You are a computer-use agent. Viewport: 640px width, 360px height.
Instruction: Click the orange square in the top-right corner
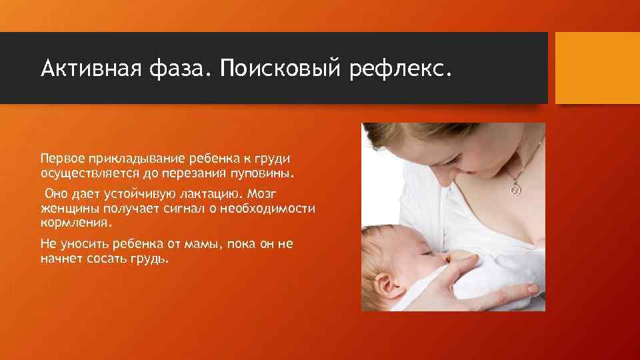click(597, 68)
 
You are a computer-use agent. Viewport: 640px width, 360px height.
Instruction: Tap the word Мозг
click(270, 194)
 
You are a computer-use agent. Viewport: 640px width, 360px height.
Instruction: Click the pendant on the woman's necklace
click(515, 189)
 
